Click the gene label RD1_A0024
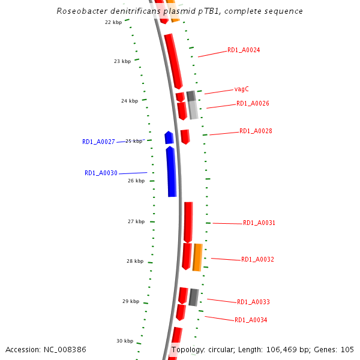click(244, 50)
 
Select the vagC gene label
click(242, 89)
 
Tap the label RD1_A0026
click(253, 104)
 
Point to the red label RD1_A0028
click(256, 131)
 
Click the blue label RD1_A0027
click(98, 142)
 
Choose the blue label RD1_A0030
click(101, 173)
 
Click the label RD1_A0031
click(259, 223)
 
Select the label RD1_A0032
click(257, 260)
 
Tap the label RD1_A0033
click(253, 302)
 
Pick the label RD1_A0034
click(251, 320)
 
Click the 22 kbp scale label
click(113, 23)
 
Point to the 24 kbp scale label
click(129, 101)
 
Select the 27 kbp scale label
click(136, 222)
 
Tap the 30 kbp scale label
click(125, 341)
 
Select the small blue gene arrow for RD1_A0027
click(169, 138)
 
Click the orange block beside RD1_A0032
click(197, 257)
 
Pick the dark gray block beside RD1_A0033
click(193, 297)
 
